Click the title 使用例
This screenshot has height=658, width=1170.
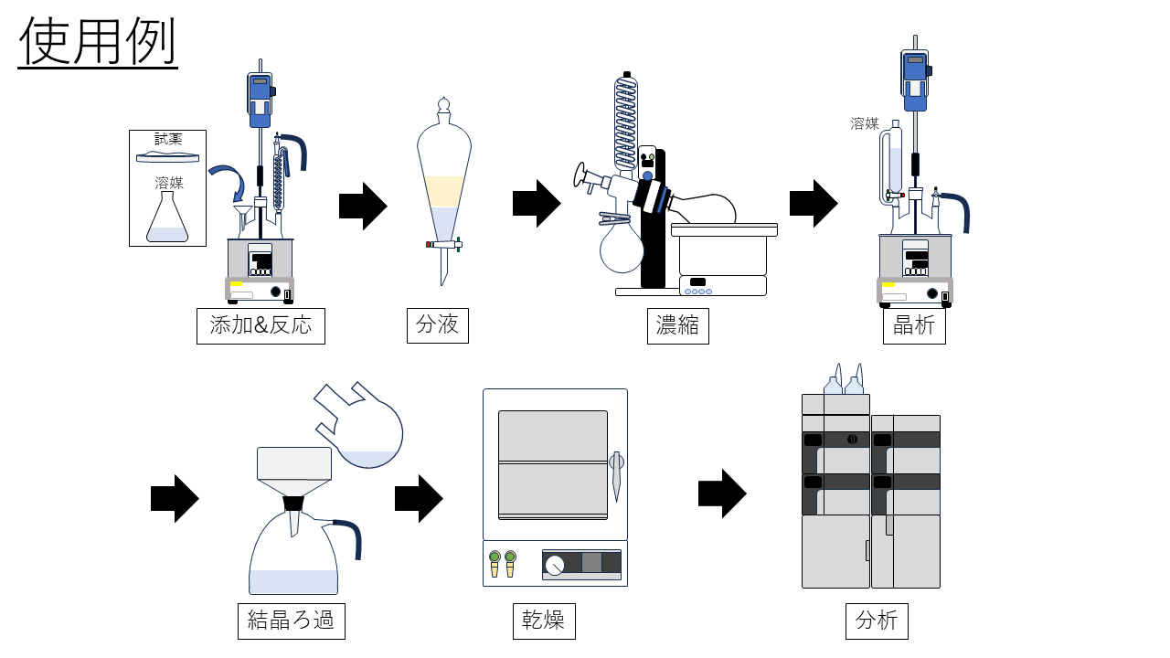pos(98,42)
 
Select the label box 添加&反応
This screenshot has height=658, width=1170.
pos(261,325)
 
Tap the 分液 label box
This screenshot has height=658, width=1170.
pos(437,325)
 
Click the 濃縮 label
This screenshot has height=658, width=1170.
pos(677,325)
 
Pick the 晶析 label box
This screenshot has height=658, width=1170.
pos(914,325)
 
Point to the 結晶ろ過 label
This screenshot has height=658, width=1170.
pos(291,621)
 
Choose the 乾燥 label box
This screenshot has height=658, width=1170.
pos(543,621)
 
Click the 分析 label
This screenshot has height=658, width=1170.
pos(877,621)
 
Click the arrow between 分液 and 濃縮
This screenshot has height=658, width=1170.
pos(537,204)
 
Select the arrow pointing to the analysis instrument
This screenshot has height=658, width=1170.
pos(722,493)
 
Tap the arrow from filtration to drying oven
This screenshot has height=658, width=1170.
pos(419,499)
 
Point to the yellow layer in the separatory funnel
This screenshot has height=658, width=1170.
pos(444,190)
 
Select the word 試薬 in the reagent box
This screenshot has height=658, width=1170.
pos(168,139)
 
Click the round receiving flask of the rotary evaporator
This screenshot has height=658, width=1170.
pos(622,249)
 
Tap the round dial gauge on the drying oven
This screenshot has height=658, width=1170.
pos(554,566)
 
